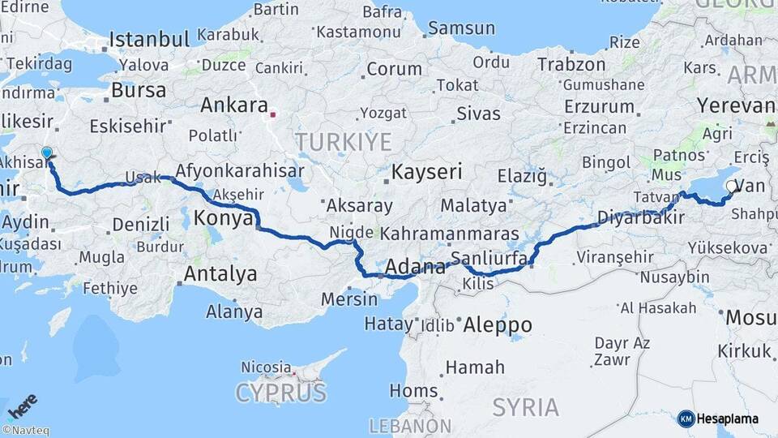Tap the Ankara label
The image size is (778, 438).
click(234, 105)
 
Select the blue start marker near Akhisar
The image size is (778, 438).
click(47, 152)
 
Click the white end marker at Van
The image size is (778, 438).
click(732, 187)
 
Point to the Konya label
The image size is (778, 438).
click(224, 217)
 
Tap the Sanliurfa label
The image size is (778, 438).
click(489, 259)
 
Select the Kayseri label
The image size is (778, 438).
click(426, 172)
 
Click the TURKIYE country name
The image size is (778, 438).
click(343, 143)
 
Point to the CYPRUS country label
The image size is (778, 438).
click(280, 394)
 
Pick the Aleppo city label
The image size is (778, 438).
click(498, 325)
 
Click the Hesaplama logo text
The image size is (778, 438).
click(727, 419)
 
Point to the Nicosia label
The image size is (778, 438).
click(266, 367)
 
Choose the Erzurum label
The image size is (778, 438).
click(599, 106)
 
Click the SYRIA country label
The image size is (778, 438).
click(526, 407)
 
